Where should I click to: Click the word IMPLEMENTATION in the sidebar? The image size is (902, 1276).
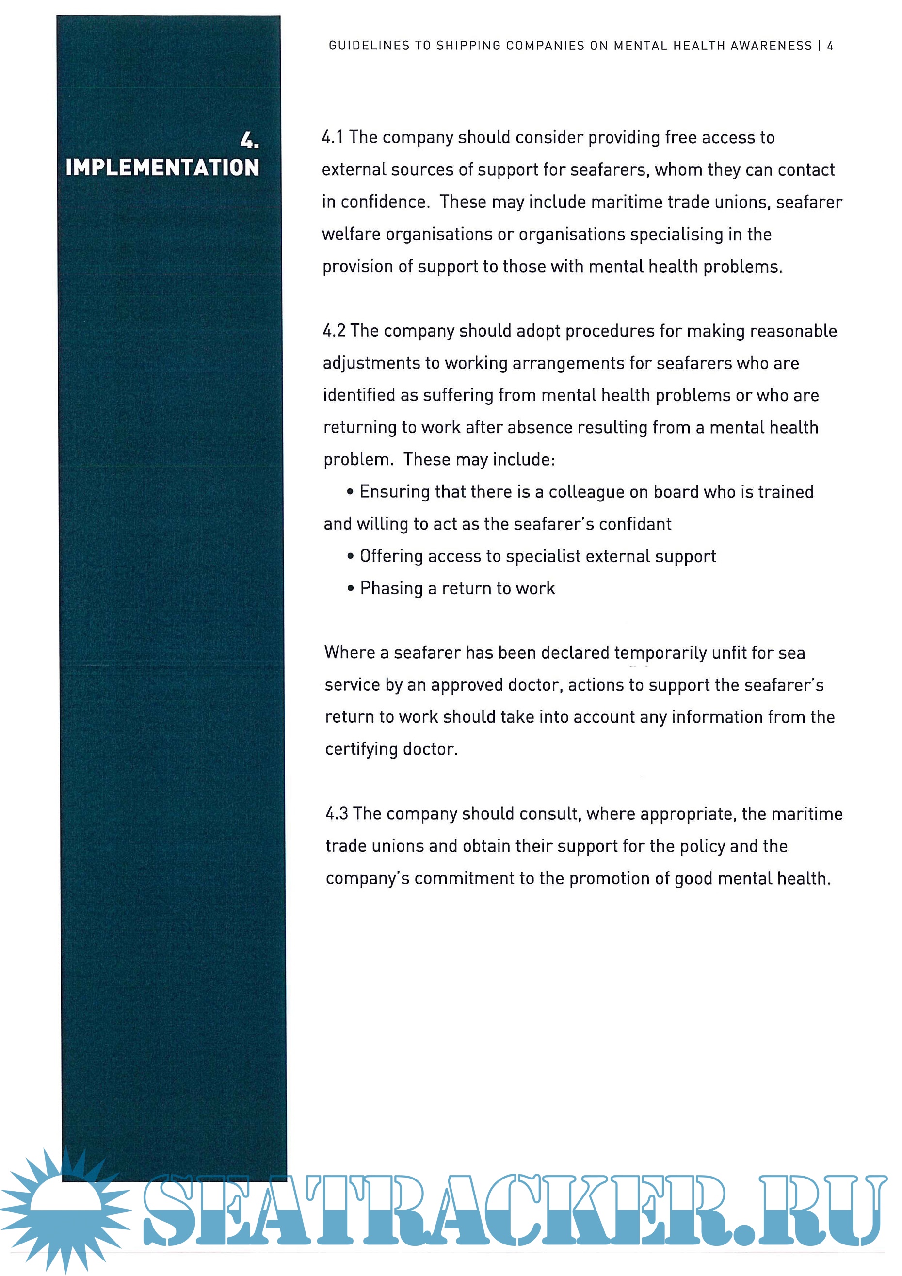[x=162, y=167]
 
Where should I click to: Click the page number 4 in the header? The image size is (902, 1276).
[x=830, y=46]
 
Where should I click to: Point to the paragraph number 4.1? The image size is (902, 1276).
[x=332, y=137]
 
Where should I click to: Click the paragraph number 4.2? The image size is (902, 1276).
[x=334, y=331]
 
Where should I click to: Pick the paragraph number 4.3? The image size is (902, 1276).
[x=337, y=814]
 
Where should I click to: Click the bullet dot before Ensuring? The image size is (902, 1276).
[x=350, y=492]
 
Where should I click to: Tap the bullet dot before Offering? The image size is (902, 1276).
[x=350, y=556]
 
